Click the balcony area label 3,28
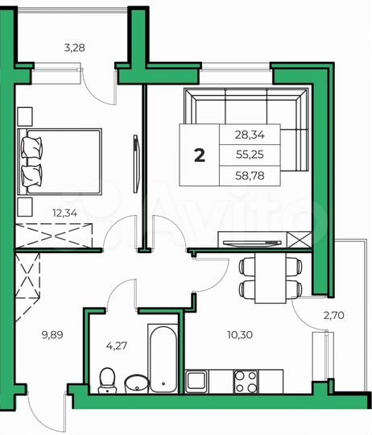[74, 48]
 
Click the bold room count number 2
[199, 155]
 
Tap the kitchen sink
[199, 379]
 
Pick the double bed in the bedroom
[60, 161]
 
